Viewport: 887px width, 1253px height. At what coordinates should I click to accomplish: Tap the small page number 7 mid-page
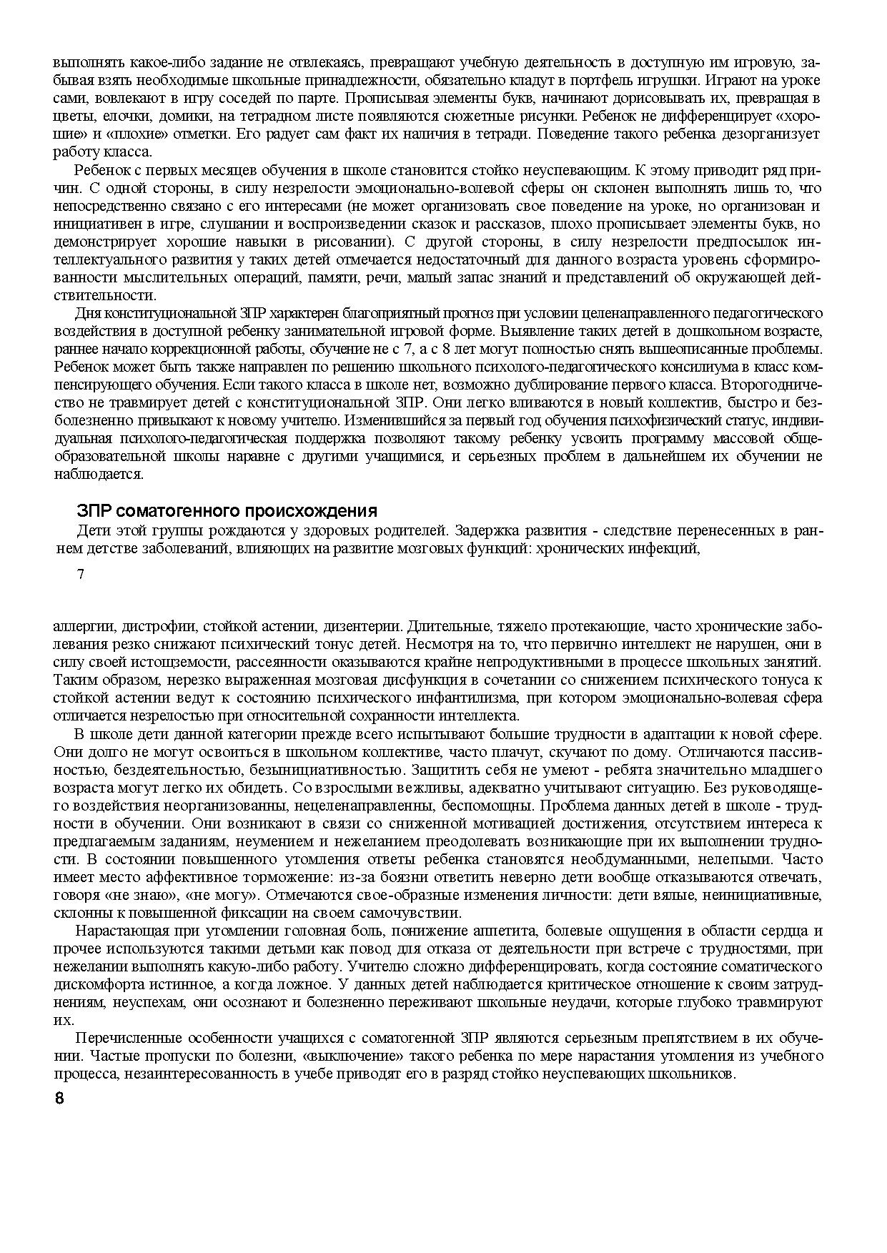click(81, 574)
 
